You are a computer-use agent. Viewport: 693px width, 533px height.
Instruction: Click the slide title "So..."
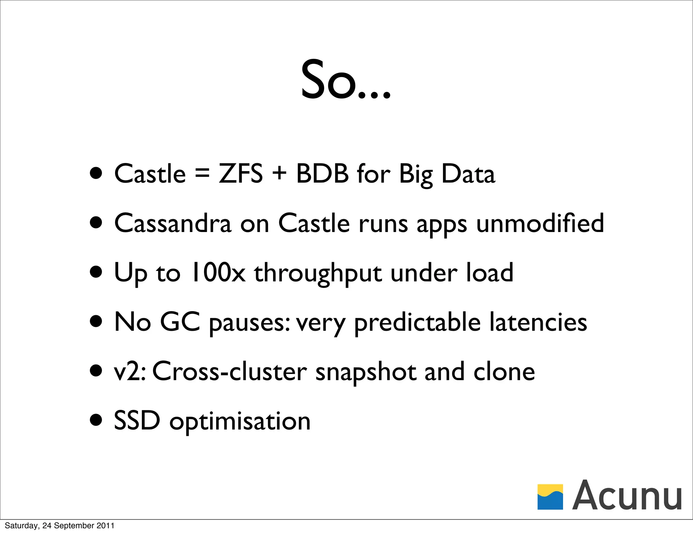pos(346,80)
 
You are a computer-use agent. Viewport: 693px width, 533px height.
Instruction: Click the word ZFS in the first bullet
pos(241,174)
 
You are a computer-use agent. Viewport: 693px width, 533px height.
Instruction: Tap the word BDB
pos(322,174)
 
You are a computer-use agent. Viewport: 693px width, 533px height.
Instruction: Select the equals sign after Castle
pos(202,174)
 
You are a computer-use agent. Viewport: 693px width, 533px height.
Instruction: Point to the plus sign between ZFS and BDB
pos(279,174)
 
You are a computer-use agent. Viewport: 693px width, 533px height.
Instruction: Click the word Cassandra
pos(173,223)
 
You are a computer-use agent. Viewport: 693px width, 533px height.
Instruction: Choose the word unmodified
pos(540,223)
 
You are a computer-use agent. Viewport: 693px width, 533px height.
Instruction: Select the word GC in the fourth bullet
pos(180,322)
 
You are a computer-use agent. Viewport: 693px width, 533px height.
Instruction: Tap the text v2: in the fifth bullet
pos(130,372)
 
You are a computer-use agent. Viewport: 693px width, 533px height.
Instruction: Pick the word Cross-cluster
pos(230,372)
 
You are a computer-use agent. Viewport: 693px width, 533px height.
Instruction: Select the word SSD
pos(137,421)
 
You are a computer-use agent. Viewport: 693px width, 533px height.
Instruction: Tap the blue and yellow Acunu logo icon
pos(550,497)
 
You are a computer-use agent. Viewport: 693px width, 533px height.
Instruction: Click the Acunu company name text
pos(627,495)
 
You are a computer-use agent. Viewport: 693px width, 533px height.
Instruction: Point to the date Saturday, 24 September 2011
pos(60,526)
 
